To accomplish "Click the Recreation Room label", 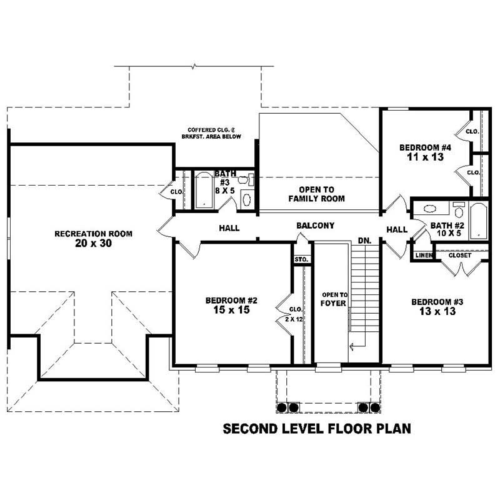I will (x=93, y=234).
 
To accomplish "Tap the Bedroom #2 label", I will (x=231, y=300).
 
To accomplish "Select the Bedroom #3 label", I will (x=437, y=302).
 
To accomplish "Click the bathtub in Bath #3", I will (x=204, y=190).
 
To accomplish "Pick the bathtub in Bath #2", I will (x=479, y=220).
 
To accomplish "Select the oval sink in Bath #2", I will (x=431, y=210).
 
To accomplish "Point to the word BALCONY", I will (x=316, y=226).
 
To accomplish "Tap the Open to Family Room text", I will (x=316, y=194).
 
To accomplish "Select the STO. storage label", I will (x=301, y=259).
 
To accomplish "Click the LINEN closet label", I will (x=423, y=255).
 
